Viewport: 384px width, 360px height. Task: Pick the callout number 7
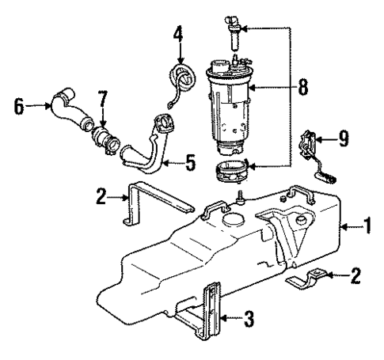pos(101,101)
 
